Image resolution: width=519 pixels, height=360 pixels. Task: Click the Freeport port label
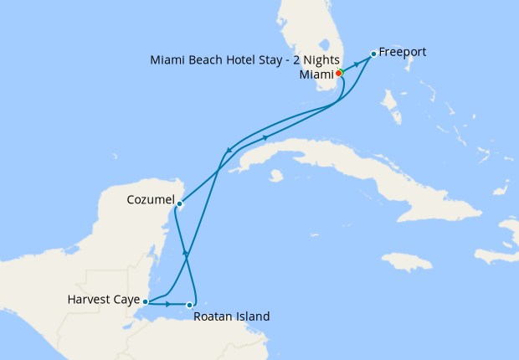(403, 52)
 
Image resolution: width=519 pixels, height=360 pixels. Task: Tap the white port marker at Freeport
(373, 54)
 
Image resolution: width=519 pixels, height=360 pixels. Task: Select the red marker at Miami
(338, 73)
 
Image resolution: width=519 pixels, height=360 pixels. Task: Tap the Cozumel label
(151, 201)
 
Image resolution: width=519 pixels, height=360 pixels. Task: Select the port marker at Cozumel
(179, 203)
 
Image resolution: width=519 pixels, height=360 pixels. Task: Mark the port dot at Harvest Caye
(146, 301)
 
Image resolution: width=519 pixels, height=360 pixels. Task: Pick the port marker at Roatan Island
(191, 305)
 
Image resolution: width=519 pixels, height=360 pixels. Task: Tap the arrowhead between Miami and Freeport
(357, 63)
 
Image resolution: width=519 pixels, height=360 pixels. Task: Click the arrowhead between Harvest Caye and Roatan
(170, 303)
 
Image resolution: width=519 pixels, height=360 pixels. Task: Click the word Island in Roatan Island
(252, 316)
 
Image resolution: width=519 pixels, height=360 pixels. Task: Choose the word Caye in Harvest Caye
(128, 298)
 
